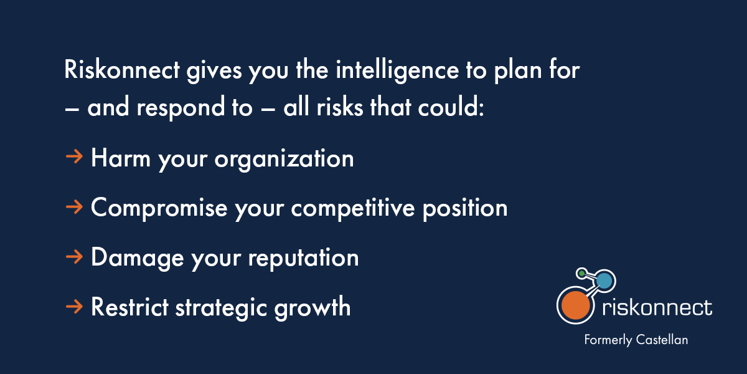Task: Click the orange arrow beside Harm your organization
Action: pos(74,157)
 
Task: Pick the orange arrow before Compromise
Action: pos(74,206)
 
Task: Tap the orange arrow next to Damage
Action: pos(74,256)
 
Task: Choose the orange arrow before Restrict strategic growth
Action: pos(74,305)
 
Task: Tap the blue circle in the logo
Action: pos(603,282)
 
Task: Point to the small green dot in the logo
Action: pos(581,273)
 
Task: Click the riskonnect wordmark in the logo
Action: pos(657,307)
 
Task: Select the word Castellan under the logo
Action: pos(662,340)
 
